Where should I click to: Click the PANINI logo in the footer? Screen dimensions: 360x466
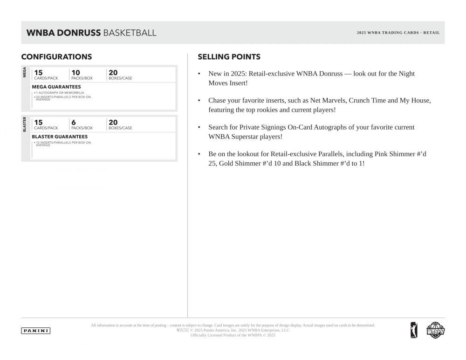click(x=36, y=331)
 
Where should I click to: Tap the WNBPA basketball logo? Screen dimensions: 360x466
click(x=436, y=330)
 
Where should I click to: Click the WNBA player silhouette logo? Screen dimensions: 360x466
click(x=414, y=330)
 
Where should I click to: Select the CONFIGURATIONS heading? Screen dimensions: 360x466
click(x=56, y=57)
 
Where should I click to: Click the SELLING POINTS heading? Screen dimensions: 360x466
click(x=229, y=57)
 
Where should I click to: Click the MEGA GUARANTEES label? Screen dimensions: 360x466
click(x=56, y=87)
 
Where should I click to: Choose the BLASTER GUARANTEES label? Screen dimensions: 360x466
click(x=59, y=137)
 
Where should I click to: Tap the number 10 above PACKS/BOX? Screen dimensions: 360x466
click(x=75, y=72)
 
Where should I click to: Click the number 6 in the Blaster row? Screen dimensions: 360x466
click(x=74, y=122)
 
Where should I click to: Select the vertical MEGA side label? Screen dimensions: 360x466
click(x=25, y=72)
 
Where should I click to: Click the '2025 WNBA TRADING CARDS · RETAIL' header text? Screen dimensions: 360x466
click(x=398, y=33)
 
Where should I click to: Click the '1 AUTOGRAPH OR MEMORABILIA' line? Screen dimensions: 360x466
click(x=60, y=93)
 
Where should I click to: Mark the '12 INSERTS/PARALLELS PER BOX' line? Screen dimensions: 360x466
click(x=63, y=143)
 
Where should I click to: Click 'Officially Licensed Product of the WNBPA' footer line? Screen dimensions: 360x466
click(x=233, y=335)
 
